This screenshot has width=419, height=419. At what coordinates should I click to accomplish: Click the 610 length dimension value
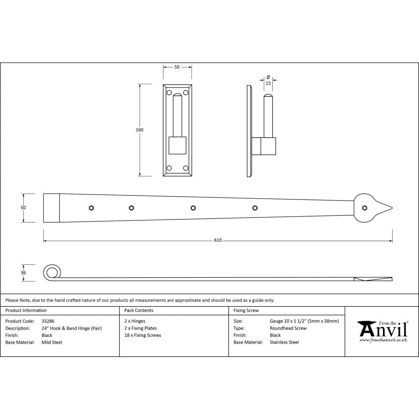pyautogui.click(x=218, y=241)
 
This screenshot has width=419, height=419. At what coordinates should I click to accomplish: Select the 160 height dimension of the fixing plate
pyautogui.click(x=139, y=130)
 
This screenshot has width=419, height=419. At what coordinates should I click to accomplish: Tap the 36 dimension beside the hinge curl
pyautogui.click(x=23, y=273)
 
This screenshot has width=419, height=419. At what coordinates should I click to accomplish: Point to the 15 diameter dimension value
pyautogui.click(x=268, y=83)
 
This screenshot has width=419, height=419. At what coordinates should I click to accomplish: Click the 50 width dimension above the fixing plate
pyautogui.click(x=177, y=67)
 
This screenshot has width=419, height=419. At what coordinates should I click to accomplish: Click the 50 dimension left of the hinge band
pyautogui.click(x=23, y=208)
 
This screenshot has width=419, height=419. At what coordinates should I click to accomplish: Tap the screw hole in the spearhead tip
pyautogui.click(x=365, y=208)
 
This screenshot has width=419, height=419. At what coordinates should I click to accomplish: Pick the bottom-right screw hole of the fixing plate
pyautogui.click(x=185, y=168)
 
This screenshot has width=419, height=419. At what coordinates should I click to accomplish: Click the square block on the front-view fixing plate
pyautogui.click(x=177, y=145)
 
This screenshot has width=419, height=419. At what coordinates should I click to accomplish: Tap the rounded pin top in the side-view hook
pyautogui.click(x=268, y=97)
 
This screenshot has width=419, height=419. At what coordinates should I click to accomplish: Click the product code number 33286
pyautogui.click(x=48, y=321)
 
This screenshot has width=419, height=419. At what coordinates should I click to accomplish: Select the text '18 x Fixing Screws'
pyautogui.click(x=143, y=335)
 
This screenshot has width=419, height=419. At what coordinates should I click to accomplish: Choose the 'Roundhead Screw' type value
pyautogui.click(x=288, y=328)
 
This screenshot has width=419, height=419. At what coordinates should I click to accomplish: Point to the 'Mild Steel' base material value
pyautogui.click(x=52, y=342)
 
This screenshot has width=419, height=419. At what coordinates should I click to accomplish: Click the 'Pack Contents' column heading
pyautogui.click(x=139, y=310)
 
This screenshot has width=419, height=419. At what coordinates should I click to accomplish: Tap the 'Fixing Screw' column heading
pyautogui.click(x=246, y=310)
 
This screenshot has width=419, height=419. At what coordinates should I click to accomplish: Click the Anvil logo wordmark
pyautogui.click(x=383, y=331)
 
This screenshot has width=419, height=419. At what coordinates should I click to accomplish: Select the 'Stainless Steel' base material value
pyautogui.click(x=285, y=342)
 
